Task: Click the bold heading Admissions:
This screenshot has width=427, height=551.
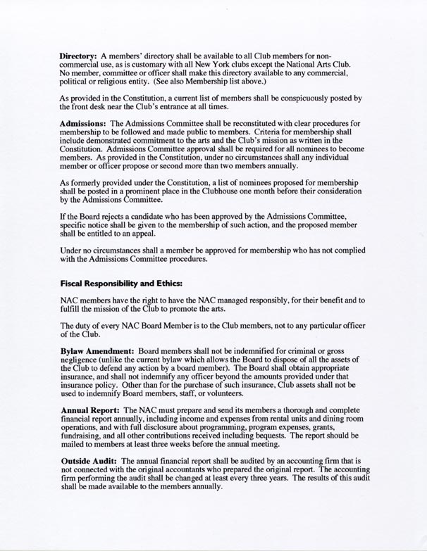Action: [x=87, y=123]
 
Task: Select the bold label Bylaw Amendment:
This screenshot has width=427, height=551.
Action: [x=97, y=350]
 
